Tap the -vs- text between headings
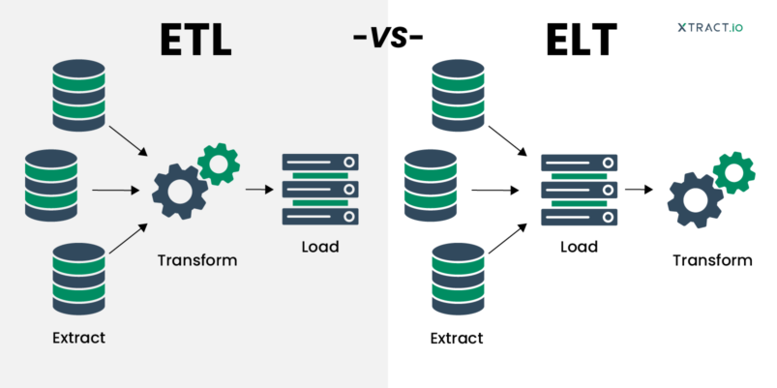[x=389, y=39]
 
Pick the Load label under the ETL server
[x=319, y=247]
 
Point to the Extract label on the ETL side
[x=79, y=338]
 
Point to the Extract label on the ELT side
[x=456, y=338]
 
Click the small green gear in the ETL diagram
[x=219, y=164]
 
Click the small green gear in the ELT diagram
[x=733, y=172]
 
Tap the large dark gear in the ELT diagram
[x=695, y=198]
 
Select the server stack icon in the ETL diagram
[x=319, y=190]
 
